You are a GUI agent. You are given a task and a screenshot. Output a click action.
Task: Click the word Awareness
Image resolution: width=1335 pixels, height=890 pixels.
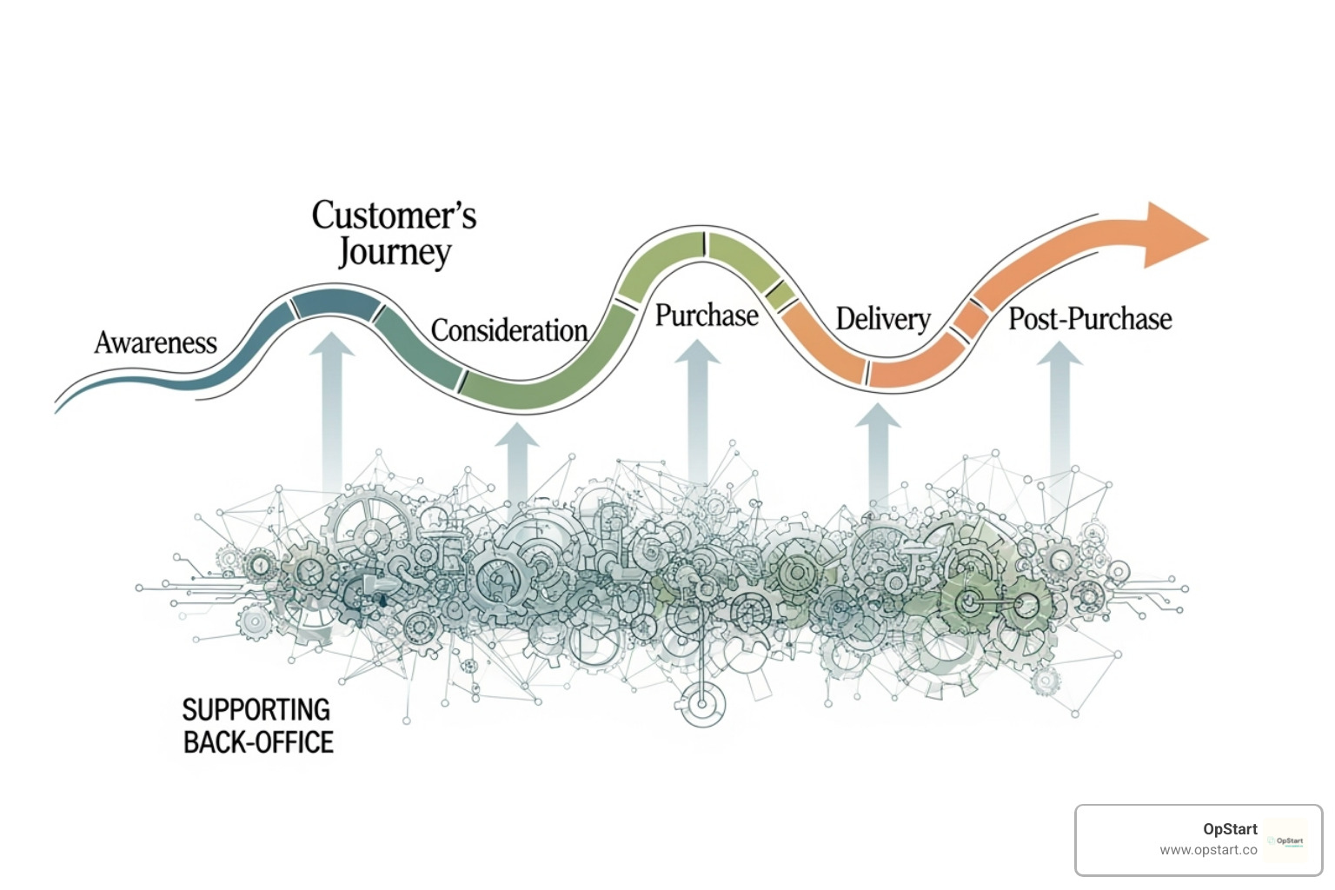pyautogui.click(x=156, y=343)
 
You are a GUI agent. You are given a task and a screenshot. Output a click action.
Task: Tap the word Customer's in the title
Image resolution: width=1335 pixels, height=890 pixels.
pyautogui.click(x=394, y=216)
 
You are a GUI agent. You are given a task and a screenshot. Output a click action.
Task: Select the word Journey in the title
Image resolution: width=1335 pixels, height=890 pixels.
pyautogui.click(x=395, y=253)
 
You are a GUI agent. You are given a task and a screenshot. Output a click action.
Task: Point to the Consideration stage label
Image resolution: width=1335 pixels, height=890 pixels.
pyautogui.click(x=509, y=331)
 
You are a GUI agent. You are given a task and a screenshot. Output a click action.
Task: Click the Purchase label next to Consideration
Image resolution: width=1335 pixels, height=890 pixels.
pyautogui.click(x=707, y=315)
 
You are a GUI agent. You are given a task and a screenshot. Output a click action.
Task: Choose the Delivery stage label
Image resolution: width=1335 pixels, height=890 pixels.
pyautogui.click(x=883, y=319)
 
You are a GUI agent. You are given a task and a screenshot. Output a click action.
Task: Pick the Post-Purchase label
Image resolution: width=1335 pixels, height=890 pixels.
pyautogui.click(x=1090, y=319)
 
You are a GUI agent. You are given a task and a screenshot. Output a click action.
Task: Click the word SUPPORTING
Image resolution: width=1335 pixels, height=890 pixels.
pyautogui.click(x=256, y=710)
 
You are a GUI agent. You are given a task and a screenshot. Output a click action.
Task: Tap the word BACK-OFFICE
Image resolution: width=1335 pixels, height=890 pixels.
pyautogui.click(x=258, y=742)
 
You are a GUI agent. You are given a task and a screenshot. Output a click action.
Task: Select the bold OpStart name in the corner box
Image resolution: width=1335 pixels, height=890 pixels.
pyautogui.click(x=1230, y=829)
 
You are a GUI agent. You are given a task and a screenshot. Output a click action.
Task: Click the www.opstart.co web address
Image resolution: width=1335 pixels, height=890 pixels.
pyautogui.click(x=1208, y=850)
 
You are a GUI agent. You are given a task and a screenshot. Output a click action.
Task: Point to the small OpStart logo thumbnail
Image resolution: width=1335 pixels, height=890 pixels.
pyautogui.click(x=1285, y=840)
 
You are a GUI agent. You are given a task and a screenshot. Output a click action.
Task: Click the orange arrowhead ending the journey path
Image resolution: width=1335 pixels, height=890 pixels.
pyautogui.click(x=1173, y=235)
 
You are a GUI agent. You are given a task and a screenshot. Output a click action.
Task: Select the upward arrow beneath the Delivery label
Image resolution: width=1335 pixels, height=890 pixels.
pyautogui.click(x=878, y=452)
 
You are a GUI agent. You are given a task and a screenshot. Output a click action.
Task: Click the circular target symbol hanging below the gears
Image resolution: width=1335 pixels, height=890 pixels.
pyautogui.click(x=702, y=703)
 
